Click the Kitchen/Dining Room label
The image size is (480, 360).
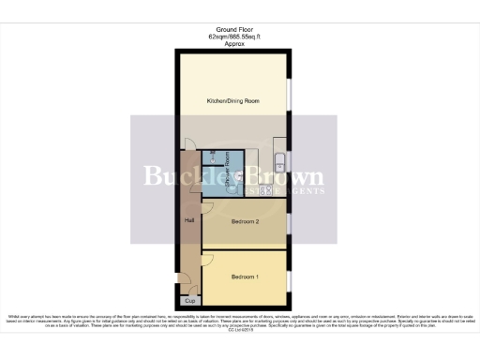click(233, 100)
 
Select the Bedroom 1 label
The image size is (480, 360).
click(244, 276)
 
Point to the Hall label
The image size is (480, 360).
click(188, 220)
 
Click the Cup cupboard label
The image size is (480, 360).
click(188, 300)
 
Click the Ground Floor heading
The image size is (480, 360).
click(233, 29)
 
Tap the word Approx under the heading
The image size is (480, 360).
click(233, 42)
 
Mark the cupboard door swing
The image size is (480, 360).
click(184, 282)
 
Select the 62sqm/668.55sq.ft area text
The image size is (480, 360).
click(233, 36)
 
